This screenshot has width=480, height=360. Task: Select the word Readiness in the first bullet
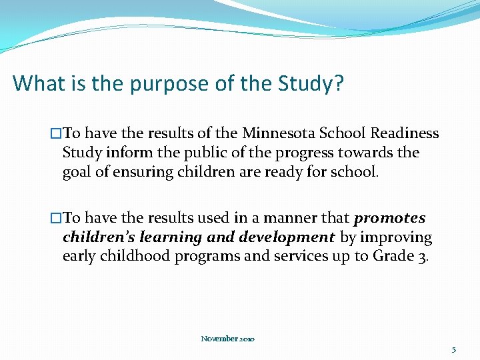[x=405, y=133]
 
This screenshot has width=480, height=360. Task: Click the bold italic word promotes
[x=390, y=219]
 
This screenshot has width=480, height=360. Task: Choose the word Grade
[x=393, y=257]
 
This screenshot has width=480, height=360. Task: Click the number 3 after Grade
[x=424, y=257]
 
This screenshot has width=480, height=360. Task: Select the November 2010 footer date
[x=227, y=339]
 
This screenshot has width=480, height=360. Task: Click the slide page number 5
[x=454, y=349]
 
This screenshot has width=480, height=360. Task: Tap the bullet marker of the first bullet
[x=56, y=133]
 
